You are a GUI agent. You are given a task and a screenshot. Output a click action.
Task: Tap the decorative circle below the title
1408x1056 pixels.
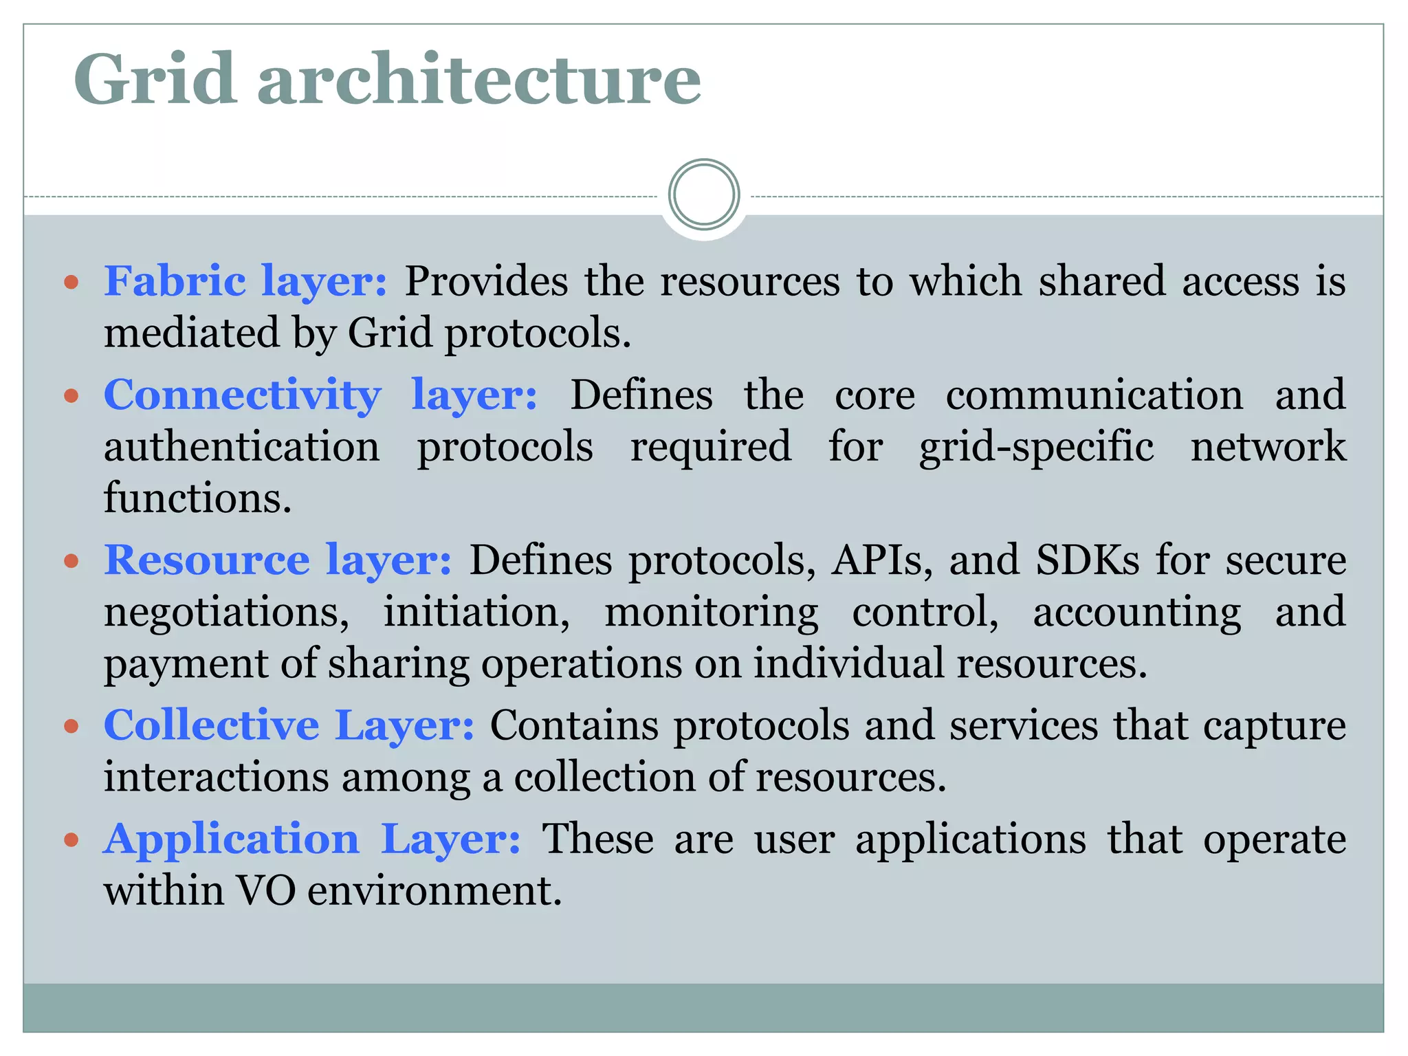click(703, 195)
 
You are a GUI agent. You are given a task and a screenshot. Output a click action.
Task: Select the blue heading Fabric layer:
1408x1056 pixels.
click(245, 282)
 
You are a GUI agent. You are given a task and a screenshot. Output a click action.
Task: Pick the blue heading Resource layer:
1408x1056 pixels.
click(278, 560)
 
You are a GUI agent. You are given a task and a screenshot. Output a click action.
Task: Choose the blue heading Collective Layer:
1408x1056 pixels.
click(289, 725)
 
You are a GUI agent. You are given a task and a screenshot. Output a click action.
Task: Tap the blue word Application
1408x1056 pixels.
click(232, 839)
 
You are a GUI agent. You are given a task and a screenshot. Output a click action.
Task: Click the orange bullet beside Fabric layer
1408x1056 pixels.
click(71, 282)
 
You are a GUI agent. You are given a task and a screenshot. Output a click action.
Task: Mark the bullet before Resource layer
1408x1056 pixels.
click(71, 561)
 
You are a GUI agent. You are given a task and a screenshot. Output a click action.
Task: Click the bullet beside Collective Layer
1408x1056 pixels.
click(71, 726)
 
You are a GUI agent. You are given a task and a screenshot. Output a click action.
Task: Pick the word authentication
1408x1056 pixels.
click(242, 446)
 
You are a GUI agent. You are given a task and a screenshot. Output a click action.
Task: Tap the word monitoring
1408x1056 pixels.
click(711, 613)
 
